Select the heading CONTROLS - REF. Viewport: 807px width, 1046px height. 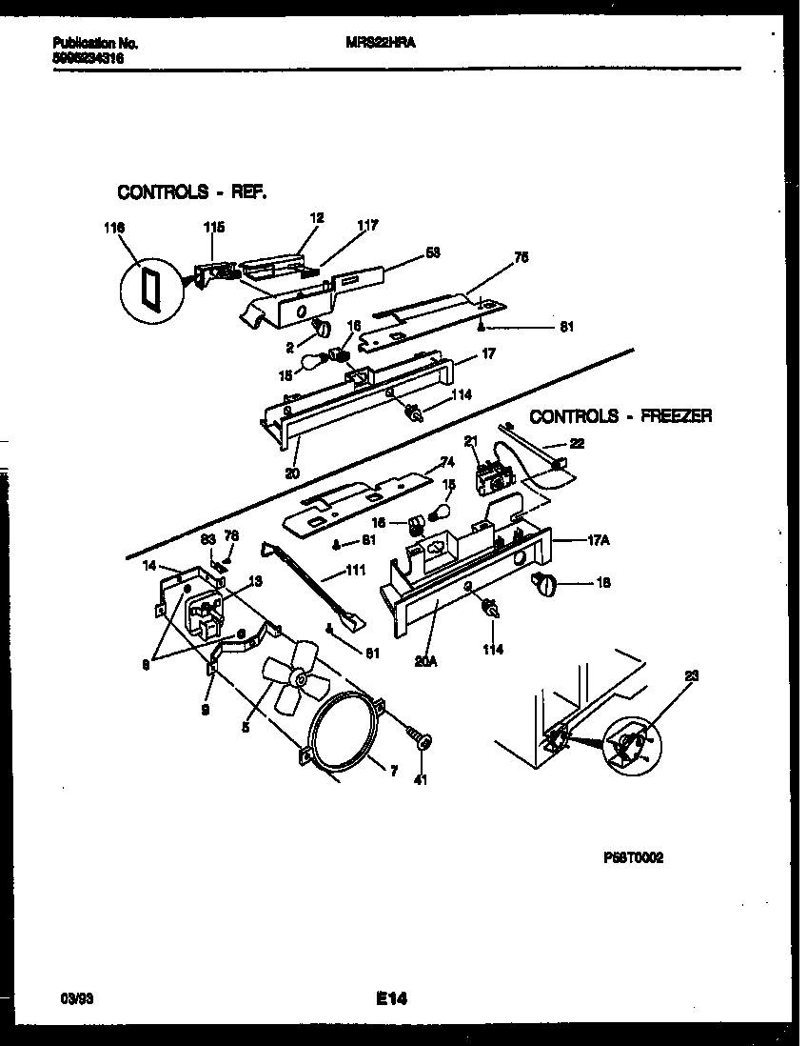point(191,192)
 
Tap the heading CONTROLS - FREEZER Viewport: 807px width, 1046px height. point(620,416)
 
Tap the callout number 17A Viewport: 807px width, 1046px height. point(598,539)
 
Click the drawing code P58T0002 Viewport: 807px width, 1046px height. point(633,857)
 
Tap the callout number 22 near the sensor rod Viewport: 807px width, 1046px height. point(577,443)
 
